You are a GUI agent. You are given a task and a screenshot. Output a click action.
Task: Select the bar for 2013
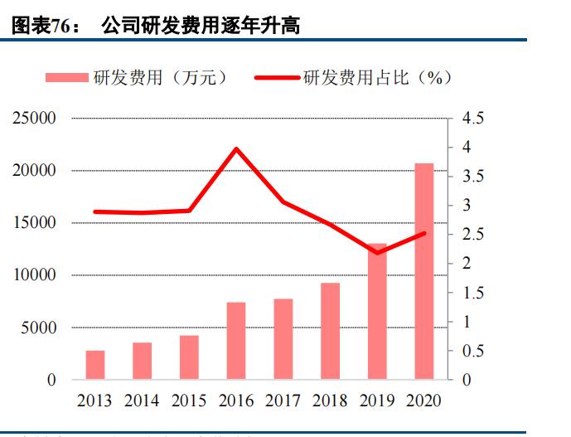(x=95, y=365)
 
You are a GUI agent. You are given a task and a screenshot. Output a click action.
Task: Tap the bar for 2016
(x=236, y=341)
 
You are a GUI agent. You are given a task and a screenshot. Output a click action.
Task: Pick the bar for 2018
(x=330, y=331)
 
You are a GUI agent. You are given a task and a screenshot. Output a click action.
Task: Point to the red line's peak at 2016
(x=236, y=149)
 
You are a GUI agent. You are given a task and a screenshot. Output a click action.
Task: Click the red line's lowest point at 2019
(x=377, y=252)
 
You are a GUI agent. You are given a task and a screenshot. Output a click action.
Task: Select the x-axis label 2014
(x=142, y=401)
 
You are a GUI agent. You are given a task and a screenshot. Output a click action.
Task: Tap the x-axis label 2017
(x=283, y=401)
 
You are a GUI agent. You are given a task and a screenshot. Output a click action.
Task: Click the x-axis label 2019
(x=377, y=401)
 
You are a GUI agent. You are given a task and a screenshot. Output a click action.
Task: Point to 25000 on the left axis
(x=34, y=119)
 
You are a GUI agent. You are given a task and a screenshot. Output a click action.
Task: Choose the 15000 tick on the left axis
(x=34, y=223)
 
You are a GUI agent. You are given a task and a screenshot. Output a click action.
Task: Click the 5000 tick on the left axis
(x=39, y=328)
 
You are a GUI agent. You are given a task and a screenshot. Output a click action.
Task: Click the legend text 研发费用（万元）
(x=160, y=78)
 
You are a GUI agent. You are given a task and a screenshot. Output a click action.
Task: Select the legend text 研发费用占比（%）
(x=377, y=78)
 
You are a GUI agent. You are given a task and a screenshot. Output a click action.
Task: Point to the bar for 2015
(x=189, y=357)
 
